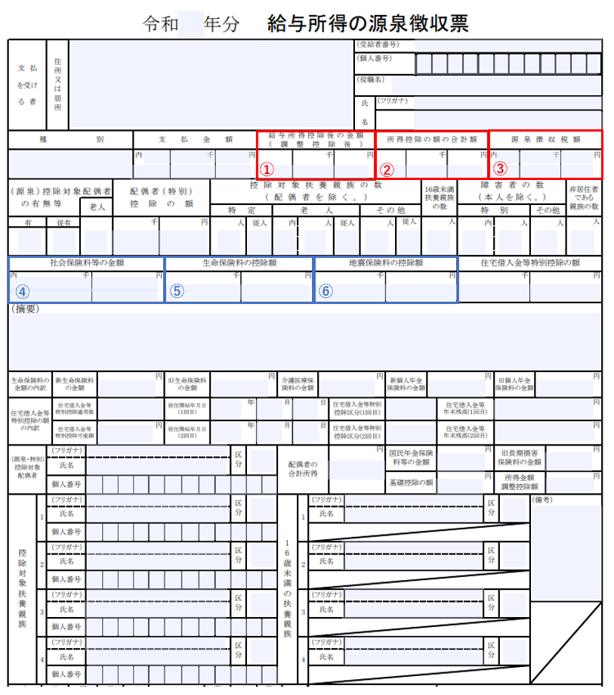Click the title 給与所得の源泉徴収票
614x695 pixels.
point(368,23)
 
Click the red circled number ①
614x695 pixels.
point(266,168)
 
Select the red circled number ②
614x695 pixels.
point(386,169)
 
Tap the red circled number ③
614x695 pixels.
point(499,168)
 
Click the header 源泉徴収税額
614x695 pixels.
point(545,139)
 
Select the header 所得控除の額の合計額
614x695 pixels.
point(432,139)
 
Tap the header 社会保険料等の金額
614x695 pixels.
point(87,263)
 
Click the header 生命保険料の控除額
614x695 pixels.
point(239,263)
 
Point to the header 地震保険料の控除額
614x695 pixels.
point(387,263)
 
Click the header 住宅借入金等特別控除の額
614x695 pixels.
point(530,263)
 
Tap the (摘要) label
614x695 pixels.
point(25,309)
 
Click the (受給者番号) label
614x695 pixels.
point(377,45)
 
